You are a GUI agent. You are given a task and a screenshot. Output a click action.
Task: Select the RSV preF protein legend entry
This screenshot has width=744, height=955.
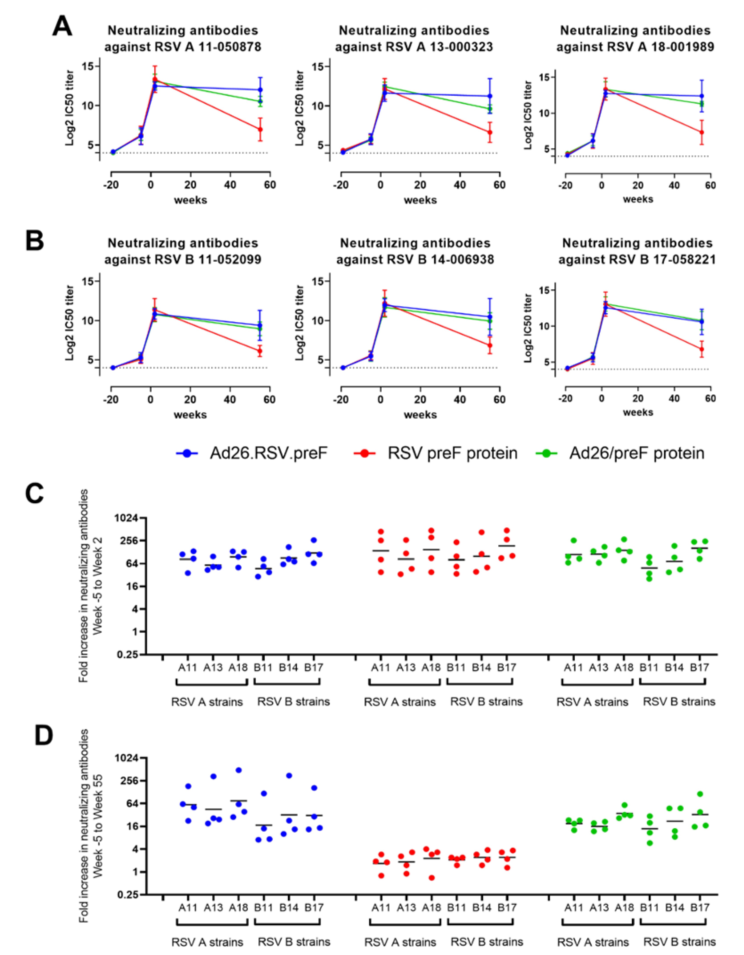point(435,453)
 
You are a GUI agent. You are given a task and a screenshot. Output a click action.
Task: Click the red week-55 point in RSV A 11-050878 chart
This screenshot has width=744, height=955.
point(260,130)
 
